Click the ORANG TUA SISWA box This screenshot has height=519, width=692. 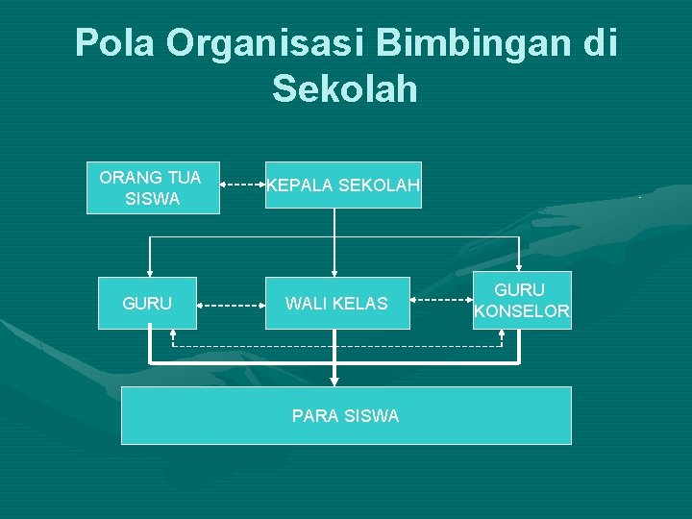(153, 187)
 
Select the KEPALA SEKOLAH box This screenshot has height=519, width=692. (343, 185)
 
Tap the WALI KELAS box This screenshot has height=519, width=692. (335, 304)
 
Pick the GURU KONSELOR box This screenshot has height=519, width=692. (522, 300)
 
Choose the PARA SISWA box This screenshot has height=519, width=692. (346, 415)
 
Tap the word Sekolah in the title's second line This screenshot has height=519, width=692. (345, 89)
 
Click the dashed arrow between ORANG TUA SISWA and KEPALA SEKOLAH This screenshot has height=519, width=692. (243, 180)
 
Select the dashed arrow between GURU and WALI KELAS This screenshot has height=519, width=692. (231, 306)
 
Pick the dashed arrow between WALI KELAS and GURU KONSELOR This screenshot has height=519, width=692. (441, 299)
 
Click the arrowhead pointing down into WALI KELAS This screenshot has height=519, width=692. (334, 271)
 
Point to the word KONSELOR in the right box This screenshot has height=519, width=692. (522, 311)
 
